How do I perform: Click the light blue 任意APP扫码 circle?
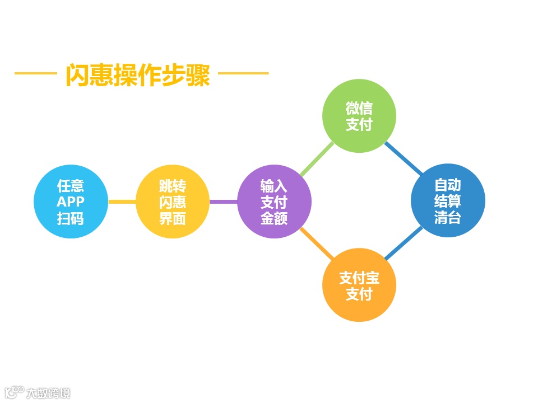click(x=70, y=201)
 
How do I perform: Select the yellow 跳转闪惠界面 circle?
click(x=173, y=201)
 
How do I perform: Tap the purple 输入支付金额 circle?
click(x=274, y=201)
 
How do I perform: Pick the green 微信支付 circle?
click(x=359, y=116)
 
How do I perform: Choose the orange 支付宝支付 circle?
click(x=359, y=285)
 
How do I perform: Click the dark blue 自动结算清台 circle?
click(x=447, y=201)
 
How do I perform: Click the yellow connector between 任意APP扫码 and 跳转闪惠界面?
click(x=122, y=201)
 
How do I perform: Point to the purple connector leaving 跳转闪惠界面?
click(x=223, y=201)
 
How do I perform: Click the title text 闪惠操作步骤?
click(x=138, y=75)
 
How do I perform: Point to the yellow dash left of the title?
click(x=35, y=73)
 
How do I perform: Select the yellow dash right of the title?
click(x=243, y=73)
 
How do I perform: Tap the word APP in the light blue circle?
click(x=70, y=202)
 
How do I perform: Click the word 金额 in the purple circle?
click(x=274, y=218)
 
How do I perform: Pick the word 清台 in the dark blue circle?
click(x=447, y=217)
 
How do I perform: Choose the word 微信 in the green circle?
click(x=359, y=108)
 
